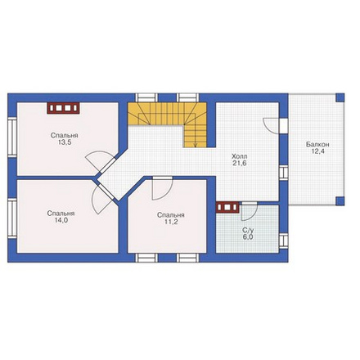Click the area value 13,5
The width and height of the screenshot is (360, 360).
[65, 142]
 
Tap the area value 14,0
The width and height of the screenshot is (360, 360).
[61, 220]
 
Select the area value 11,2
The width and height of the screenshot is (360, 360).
[171, 222]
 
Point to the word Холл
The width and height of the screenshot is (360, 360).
[240, 156]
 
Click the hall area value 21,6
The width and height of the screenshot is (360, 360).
[240, 164]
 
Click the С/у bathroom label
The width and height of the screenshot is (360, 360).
[248, 231]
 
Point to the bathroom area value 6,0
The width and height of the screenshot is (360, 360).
[248, 237]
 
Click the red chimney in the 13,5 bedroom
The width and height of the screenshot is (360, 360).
[63, 108]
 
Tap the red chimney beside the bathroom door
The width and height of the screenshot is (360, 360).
[227, 207]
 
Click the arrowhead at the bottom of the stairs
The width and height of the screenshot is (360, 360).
[196, 146]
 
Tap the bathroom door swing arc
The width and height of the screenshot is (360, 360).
[253, 215]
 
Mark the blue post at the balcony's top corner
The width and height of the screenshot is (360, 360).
[340, 97]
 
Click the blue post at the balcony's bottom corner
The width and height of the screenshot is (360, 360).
[340, 201]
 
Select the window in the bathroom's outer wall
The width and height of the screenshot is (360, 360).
[284, 241]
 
